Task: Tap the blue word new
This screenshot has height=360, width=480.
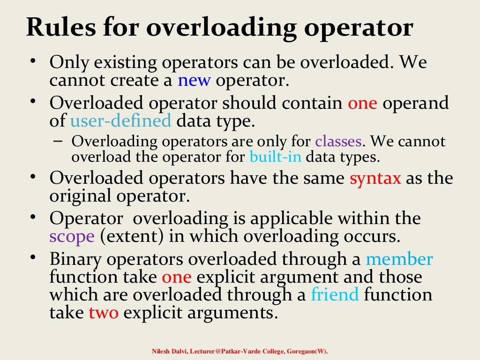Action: coord(195,80)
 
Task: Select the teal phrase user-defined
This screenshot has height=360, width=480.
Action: coord(120,121)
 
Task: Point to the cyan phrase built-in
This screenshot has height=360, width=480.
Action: coord(276,157)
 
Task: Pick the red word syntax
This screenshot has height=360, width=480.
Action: coord(375,178)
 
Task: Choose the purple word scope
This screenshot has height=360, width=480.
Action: coord(72,236)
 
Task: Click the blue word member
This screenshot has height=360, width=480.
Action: coord(399,259)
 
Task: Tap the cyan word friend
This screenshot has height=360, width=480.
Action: coord(335,295)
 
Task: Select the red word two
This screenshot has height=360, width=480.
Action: coord(104,312)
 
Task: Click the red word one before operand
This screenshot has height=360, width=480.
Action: coord(362,103)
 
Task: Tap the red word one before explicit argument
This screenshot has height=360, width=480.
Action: coord(177,277)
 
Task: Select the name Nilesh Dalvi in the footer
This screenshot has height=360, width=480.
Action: coord(170,351)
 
